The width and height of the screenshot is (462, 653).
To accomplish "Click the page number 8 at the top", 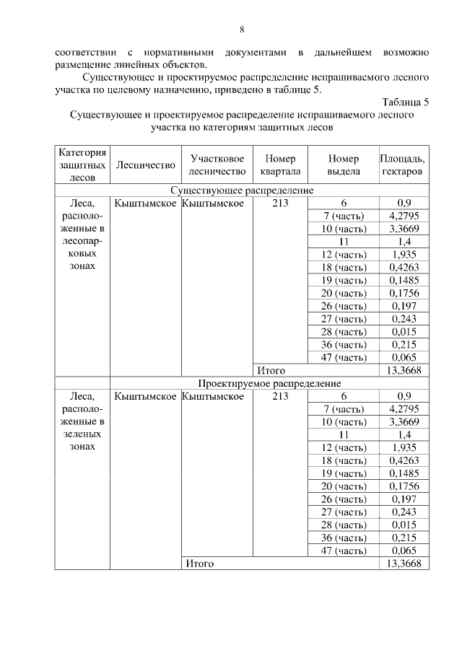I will pos(242,29).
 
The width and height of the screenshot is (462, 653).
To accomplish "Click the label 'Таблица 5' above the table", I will pos(404,102).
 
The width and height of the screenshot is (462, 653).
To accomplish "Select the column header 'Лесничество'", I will pos(144,165).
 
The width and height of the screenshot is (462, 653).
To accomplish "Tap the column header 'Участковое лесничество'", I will pos(217,165).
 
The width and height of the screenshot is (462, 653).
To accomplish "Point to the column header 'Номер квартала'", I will pos(281,165).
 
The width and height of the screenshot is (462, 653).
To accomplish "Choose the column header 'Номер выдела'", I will pos(343,165).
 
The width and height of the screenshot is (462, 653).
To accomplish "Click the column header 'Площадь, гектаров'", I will pos(403,165).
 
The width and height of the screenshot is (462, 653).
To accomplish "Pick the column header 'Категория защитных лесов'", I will pos(83,165).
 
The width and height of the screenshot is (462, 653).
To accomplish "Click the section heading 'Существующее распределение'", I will pos(242,190).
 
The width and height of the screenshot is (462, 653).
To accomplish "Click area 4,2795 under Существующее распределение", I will pos(404,216).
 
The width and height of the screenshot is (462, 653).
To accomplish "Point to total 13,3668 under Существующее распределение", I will pos(404,370).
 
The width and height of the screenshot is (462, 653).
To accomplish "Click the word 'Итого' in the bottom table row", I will pos(200,563).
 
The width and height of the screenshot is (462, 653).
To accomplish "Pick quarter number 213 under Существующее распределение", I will pos(281,203).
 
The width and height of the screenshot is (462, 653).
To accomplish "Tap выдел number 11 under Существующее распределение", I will pos(344,242).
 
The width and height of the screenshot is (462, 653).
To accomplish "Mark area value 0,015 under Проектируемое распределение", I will pos(404,525).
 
